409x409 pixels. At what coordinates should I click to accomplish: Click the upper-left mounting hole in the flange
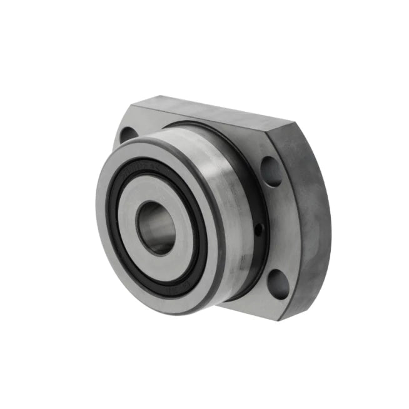point(126,134)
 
